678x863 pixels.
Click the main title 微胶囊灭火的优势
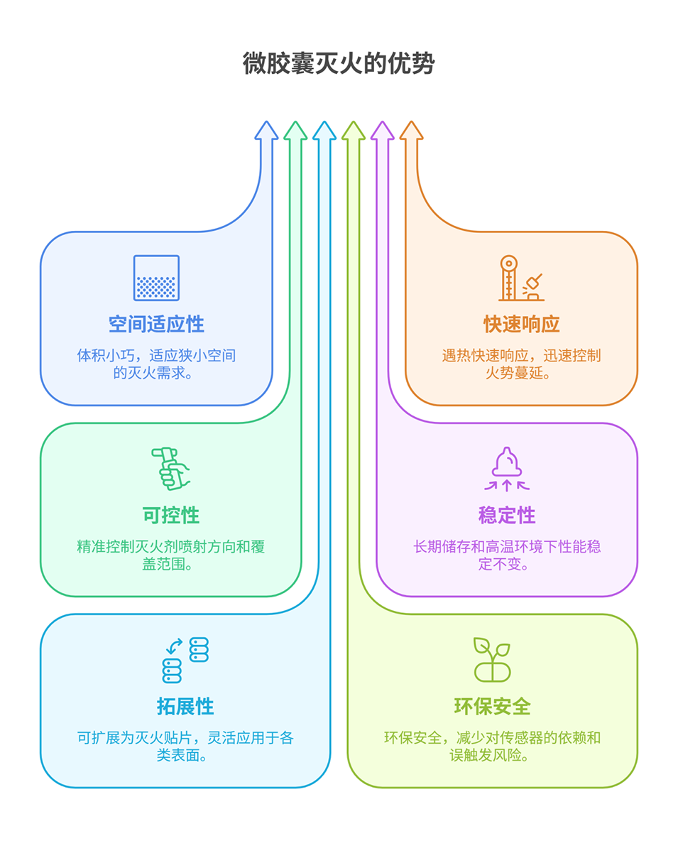338,63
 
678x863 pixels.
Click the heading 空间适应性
156,325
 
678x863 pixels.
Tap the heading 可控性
171,516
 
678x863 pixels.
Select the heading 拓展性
185,707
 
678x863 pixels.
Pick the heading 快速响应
522,325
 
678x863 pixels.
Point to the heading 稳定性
507,516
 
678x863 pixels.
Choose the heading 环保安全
492,707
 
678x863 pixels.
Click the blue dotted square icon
156,278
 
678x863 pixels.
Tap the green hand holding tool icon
170,469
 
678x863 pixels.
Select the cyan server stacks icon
185,660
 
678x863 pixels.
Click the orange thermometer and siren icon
522,278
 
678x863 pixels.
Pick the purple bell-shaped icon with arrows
507,469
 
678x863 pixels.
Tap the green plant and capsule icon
492,660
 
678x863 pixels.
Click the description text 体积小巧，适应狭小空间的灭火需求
156,364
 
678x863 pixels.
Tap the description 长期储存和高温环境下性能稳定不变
507,555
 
